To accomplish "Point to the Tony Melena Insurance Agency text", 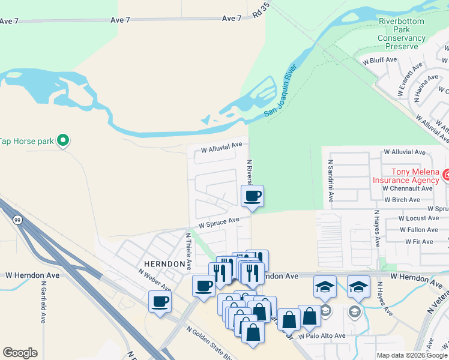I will [406, 175].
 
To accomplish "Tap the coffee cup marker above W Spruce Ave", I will [252, 196].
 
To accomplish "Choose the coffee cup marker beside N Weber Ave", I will [160, 301].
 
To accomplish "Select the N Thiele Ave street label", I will [188, 250].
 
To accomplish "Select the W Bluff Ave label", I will [379, 60].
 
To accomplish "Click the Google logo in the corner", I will [20, 353].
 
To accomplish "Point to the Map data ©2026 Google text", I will [411, 355].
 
